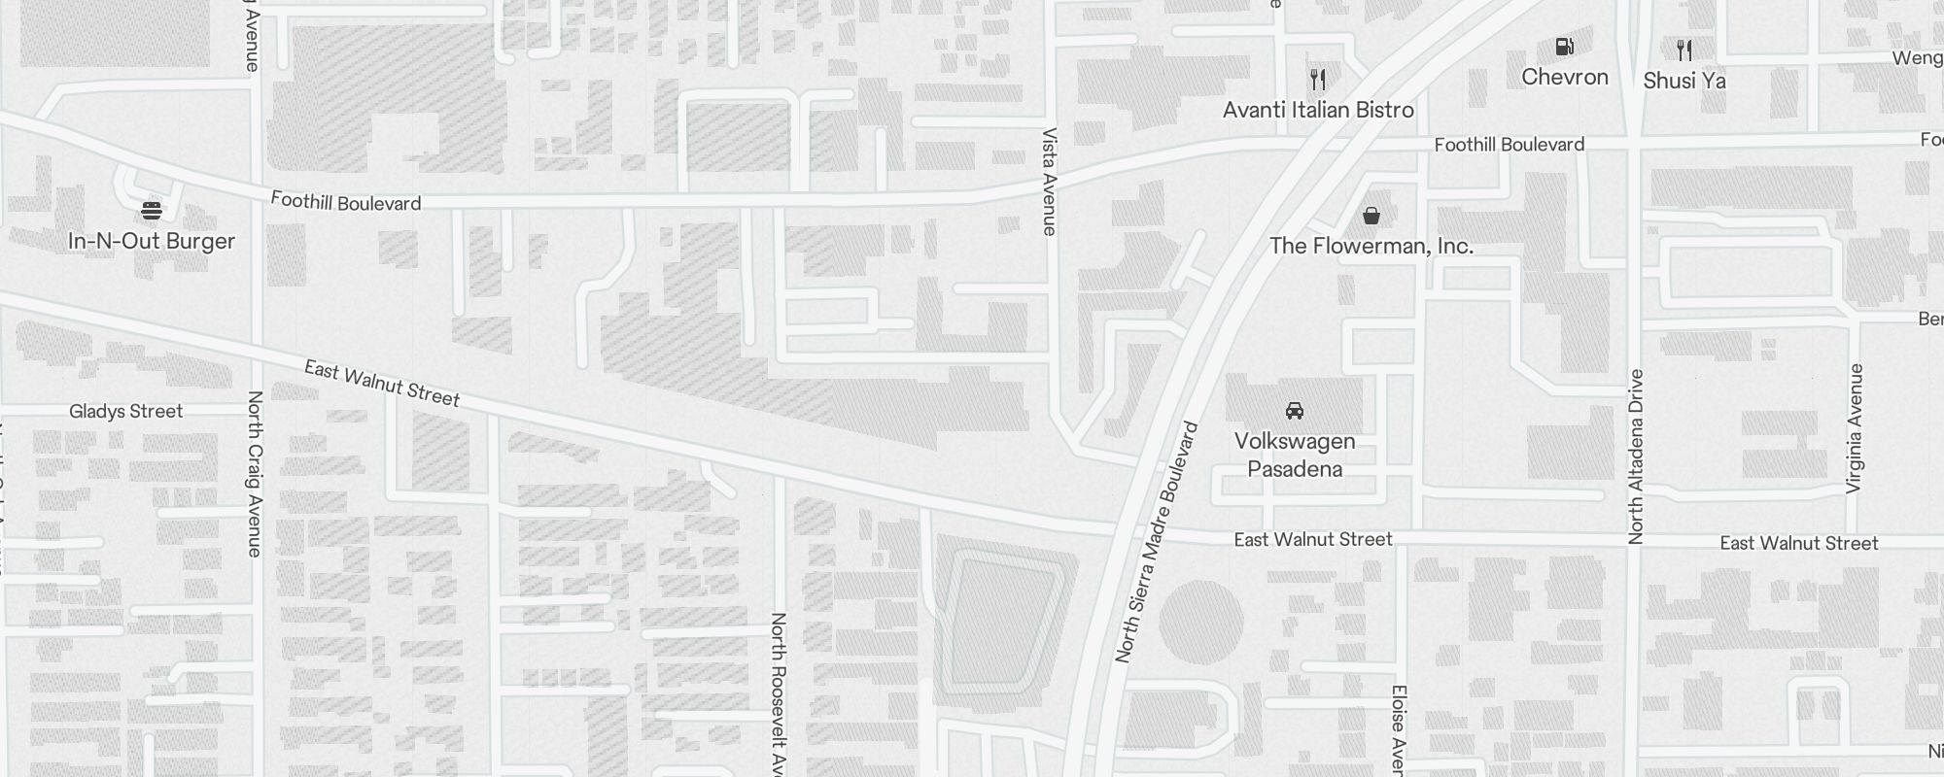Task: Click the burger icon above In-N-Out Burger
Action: tap(151, 210)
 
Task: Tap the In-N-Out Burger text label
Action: tap(152, 241)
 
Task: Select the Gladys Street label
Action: tap(125, 412)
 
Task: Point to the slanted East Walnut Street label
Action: tap(382, 383)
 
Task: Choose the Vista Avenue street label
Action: tap(1049, 182)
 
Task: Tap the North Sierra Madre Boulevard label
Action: tap(1158, 543)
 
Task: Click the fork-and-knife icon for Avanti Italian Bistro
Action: tap(1318, 79)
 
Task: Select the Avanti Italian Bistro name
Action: tap(1318, 110)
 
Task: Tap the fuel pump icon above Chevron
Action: tap(1564, 46)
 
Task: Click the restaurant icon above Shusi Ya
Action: tap(1684, 50)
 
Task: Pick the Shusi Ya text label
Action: tap(1684, 81)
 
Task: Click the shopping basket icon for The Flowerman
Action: tap(1371, 215)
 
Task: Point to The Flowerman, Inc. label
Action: tap(1371, 246)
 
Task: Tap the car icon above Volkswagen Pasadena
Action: tap(1294, 411)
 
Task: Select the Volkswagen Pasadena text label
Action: tap(1295, 455)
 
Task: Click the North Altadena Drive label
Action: tap(1636, 456)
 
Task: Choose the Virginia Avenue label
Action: tap(1856, 428)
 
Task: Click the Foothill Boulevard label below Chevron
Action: tap(1509, 145)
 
